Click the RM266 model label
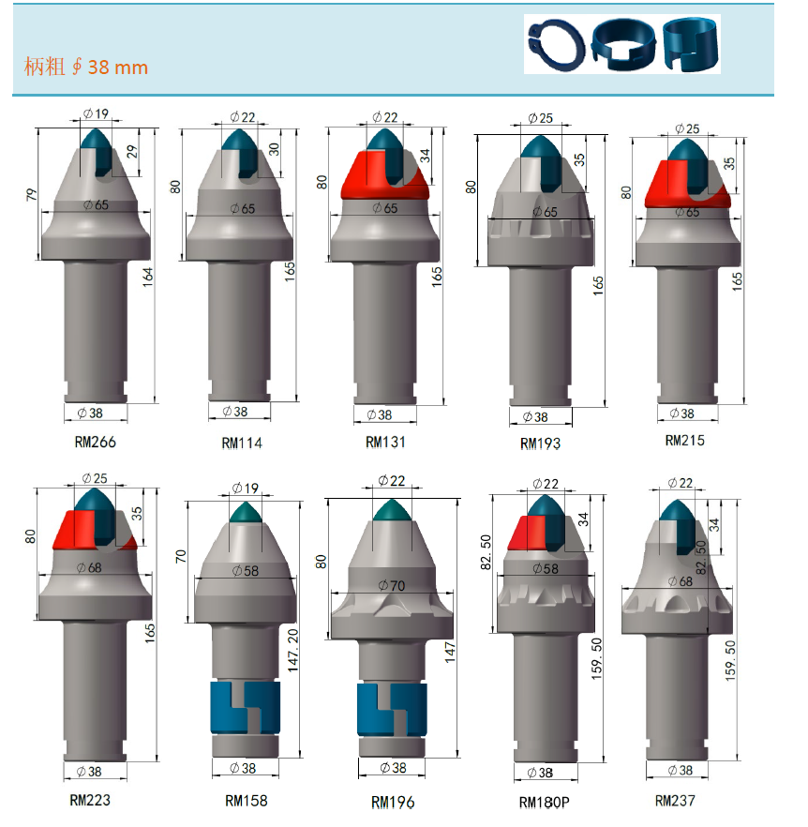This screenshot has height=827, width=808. coord(95,442)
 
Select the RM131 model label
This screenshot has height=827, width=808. coord(385,442)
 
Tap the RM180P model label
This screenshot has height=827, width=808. coord(545,803)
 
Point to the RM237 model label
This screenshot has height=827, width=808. coord(675,801)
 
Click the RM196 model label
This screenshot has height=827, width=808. coord(393,803)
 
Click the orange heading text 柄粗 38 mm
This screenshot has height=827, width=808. coord(86,67)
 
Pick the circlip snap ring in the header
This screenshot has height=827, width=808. coord(557,45)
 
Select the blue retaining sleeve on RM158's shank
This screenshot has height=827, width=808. coord(246,707)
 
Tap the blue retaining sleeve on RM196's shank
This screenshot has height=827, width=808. coord(392,710)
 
